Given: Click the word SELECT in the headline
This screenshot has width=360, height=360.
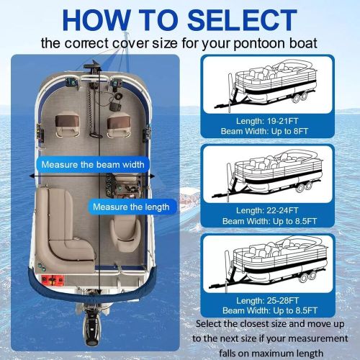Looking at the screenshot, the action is tap(242, 20).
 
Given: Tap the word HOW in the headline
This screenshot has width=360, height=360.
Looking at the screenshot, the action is tap(96, 20).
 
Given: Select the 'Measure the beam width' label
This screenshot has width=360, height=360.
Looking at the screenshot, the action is tap(93, 165).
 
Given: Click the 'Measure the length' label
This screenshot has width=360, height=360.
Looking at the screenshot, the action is tap(131, 207).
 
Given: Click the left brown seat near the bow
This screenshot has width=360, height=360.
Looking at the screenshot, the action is tap(67, 125).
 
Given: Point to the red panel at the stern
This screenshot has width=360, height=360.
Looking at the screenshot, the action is tap(53, 280).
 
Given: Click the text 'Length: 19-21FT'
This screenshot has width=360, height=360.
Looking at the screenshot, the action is tap(267, 121).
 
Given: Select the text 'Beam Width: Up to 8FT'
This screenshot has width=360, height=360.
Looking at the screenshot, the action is tap(264, 131).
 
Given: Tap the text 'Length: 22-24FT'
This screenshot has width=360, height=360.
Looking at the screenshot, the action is tap(267, 210).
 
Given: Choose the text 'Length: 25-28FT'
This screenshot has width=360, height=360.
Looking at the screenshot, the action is tap(267, 300).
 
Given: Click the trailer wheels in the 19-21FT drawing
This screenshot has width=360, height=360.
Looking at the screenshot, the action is tap(300, 97).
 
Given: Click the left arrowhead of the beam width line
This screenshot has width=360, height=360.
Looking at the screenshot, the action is tap(32, 176).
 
